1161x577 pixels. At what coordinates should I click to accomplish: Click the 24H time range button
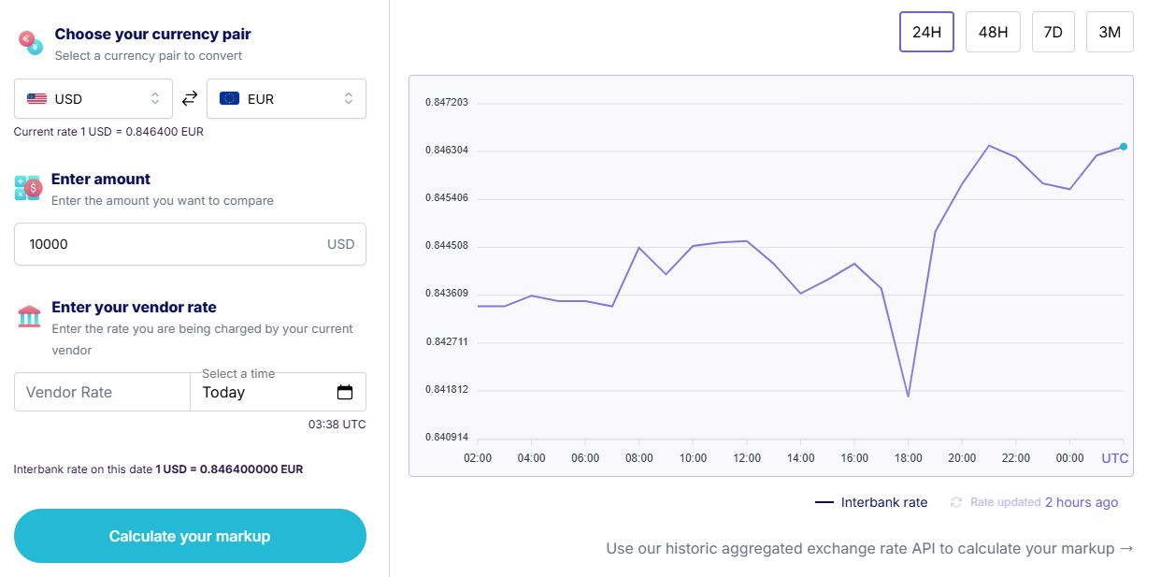tap(926, 32)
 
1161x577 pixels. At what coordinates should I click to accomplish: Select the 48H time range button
tap(993, 32)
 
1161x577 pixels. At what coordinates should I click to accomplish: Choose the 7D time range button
tap(1053, 32)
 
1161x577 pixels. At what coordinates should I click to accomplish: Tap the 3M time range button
tap(1110, 32)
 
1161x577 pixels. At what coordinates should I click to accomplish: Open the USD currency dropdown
tap(93, 98)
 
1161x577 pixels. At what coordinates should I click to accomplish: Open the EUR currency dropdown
tap(286, 98)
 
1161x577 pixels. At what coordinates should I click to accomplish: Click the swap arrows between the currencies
tap(190, 98)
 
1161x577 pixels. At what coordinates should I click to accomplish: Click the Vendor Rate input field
tap(102, 392)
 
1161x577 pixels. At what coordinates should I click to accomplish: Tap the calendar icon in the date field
tap(345, 392)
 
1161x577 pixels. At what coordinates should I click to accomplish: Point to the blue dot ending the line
tap(1123, 147)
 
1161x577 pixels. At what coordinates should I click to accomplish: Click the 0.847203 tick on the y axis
tap(447, 102)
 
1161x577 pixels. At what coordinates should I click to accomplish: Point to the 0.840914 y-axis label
tap(447, 438)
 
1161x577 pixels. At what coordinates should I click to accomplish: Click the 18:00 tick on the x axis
tap(908, 458)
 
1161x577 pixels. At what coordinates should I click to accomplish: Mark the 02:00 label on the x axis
tap(478, 458)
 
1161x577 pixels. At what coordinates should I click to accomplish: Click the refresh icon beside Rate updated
tap(956, 502)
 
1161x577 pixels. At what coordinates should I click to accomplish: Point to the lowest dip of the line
tap(908, 397)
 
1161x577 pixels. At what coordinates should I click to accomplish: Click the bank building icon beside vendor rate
tap(29, 316)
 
